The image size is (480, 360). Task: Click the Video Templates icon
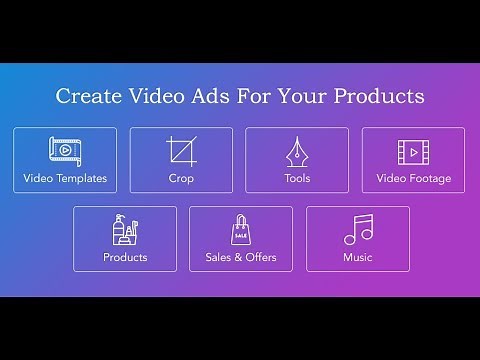point(65,151)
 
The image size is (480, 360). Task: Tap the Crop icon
point(181,151)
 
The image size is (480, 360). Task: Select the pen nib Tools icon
point(297,152)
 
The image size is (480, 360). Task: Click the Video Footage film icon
point(413,152)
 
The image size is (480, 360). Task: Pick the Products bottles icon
point(124,230)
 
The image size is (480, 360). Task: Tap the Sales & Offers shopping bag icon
point(240,230)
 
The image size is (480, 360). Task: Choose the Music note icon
point(357,230)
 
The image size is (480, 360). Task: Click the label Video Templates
point(65,179)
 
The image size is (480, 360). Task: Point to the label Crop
point(181,179)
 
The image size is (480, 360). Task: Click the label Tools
point(297,179)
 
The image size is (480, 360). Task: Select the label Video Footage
point(413,179)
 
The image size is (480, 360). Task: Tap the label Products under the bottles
point(125,257)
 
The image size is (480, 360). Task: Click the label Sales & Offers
point(240,257)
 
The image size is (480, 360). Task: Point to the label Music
point(357,257)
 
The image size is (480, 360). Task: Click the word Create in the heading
point(84,97)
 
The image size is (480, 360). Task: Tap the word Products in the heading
point(379,97)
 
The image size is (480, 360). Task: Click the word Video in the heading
point(150,97)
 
